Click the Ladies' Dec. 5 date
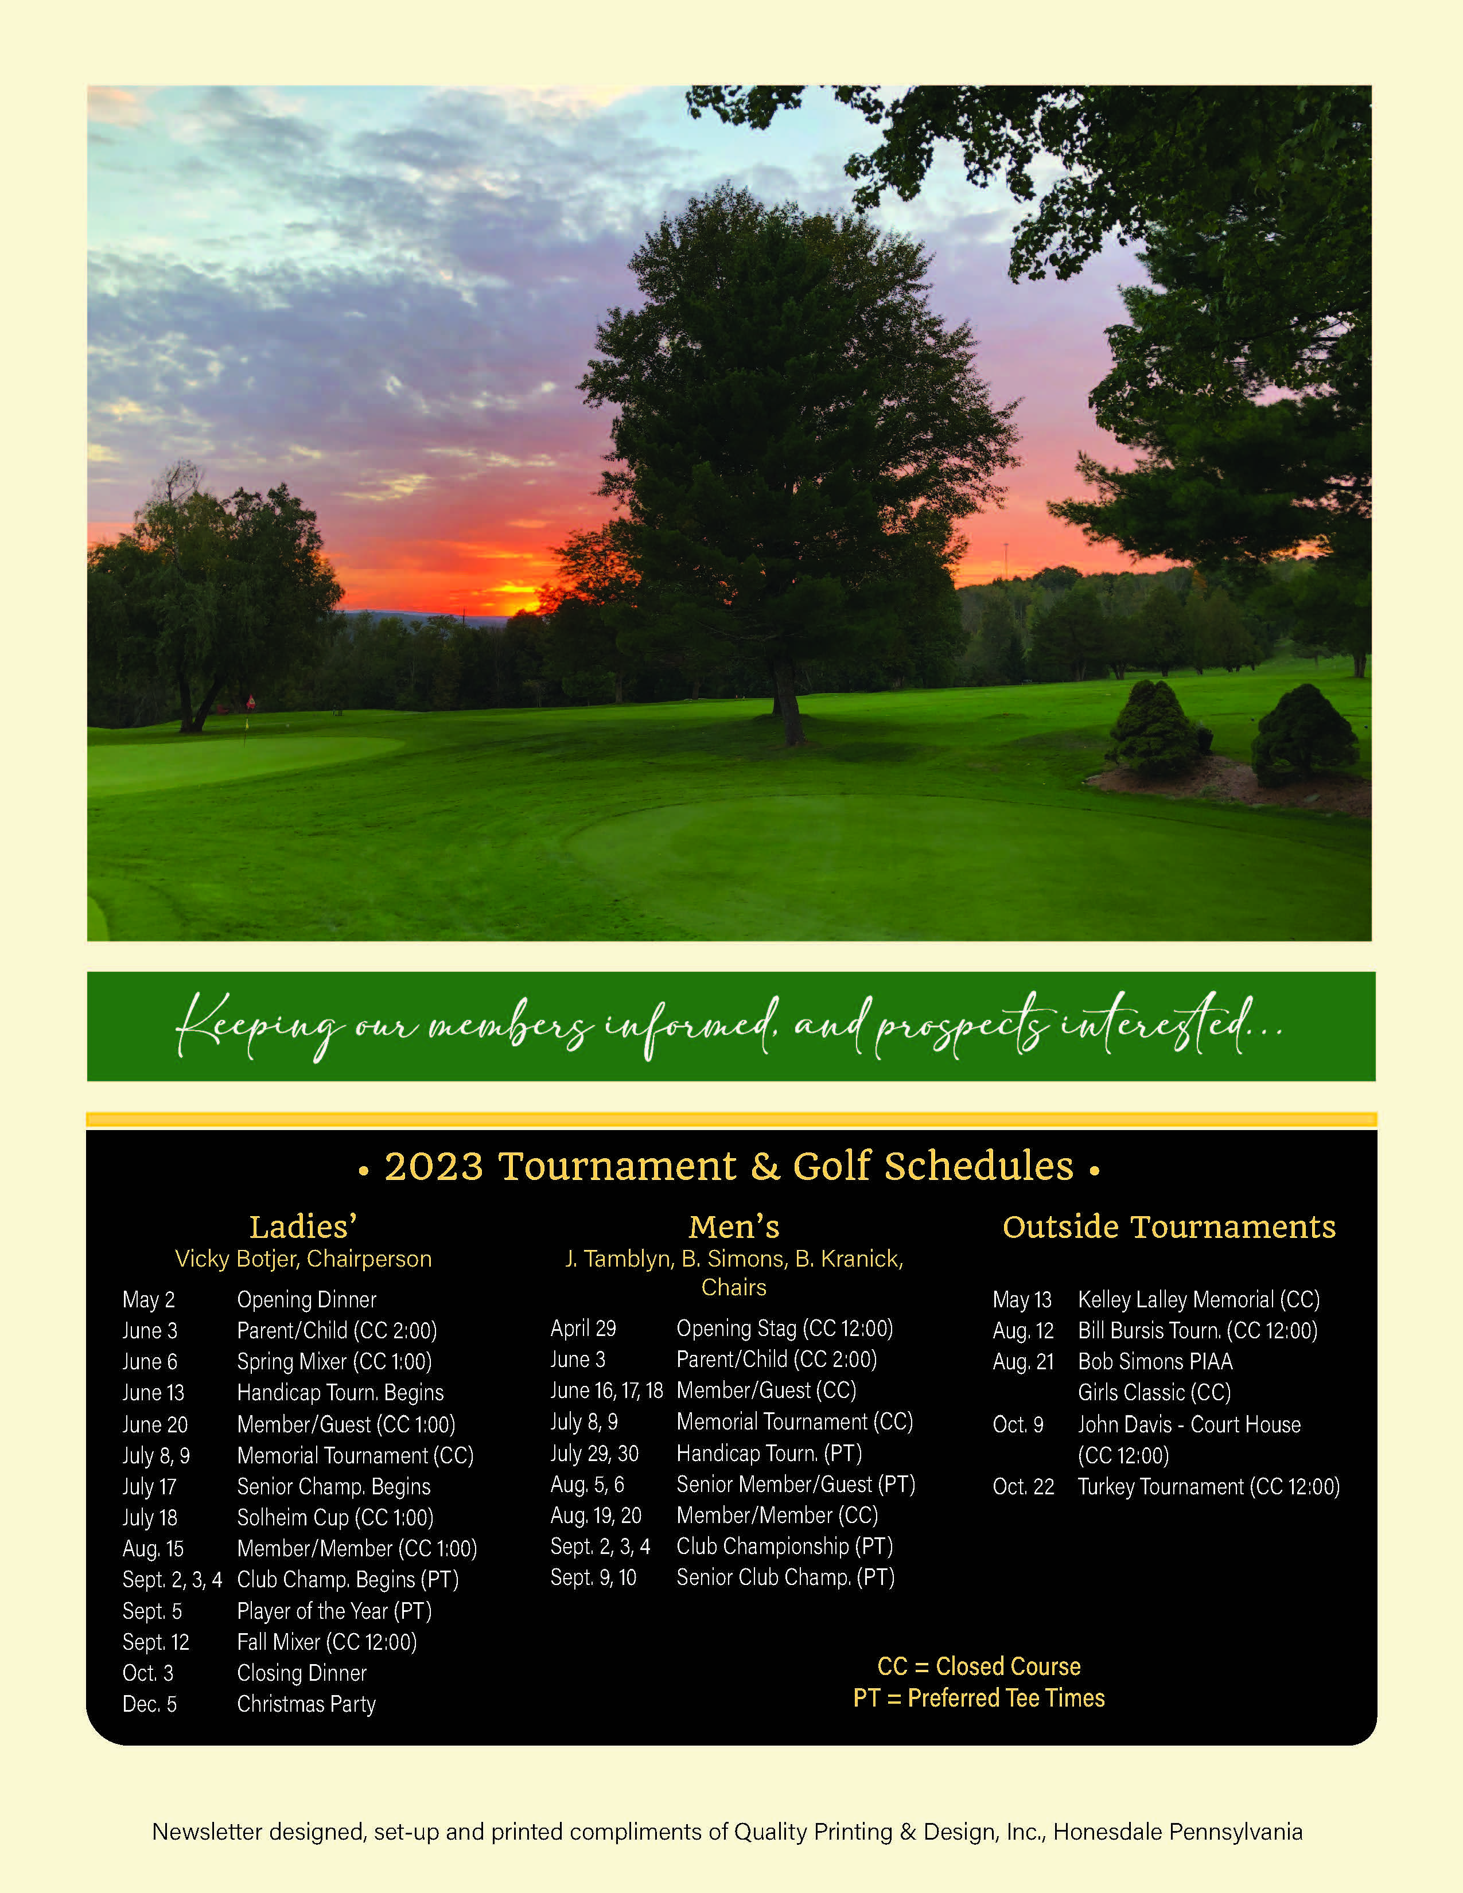point(149,1704)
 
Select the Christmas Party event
point(306,1704)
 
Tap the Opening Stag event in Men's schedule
point(784,1328)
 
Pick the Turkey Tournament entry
point(1208,1486)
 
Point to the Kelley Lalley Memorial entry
point(1198,1299)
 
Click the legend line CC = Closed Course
point(979,1666)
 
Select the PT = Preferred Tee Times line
point(979,1697)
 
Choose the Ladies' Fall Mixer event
point(326,1642)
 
